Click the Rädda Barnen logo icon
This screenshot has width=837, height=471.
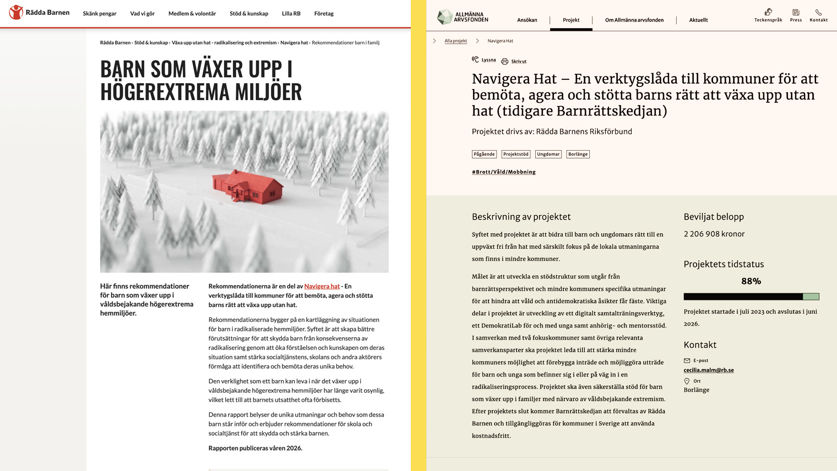(17, 12)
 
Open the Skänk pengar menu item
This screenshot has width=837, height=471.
(100, 14)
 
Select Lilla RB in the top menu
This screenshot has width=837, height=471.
(291, 14)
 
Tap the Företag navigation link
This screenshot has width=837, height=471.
(324, 14)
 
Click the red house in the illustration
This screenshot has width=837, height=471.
(248, 186)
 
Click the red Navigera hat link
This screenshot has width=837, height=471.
(322, 286)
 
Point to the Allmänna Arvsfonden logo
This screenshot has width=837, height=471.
(463, 17)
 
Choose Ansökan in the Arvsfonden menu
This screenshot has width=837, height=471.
(527, 20)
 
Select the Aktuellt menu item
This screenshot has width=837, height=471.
(698, 20)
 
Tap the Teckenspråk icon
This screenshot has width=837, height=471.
(768, 12)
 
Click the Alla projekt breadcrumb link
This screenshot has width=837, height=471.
(455, 41)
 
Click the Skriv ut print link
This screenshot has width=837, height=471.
(518, 62)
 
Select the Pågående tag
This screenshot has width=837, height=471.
(484, 154)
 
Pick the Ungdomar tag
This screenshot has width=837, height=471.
(548, 154)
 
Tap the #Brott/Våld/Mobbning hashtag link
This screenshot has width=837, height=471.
(503, 172)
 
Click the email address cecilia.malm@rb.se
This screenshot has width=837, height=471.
(709, 370)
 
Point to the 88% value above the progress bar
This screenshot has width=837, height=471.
(751, 281)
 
